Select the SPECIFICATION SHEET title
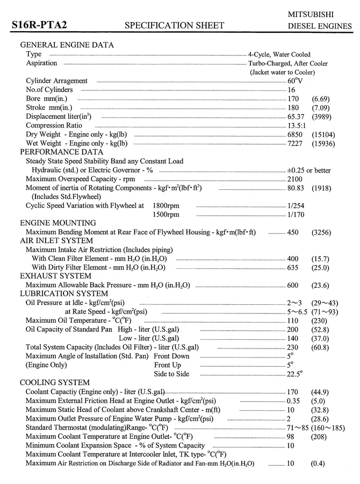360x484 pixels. (174, 25)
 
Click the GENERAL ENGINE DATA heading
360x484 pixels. (67, 45)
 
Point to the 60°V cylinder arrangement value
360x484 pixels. (295, 81)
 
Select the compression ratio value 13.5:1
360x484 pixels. (298, 125)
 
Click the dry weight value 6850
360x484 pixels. (295, 134)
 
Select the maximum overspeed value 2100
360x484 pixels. (295, 179)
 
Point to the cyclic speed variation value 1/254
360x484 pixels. (296, 205)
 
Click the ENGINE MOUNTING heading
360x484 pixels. (58, 223)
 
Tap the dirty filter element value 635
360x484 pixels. (293, 267)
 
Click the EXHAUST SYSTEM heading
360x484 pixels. (55, 276)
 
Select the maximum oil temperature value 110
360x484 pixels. (293, 319)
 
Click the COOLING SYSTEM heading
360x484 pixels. (55, 382)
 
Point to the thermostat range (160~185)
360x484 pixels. (330, 428)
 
